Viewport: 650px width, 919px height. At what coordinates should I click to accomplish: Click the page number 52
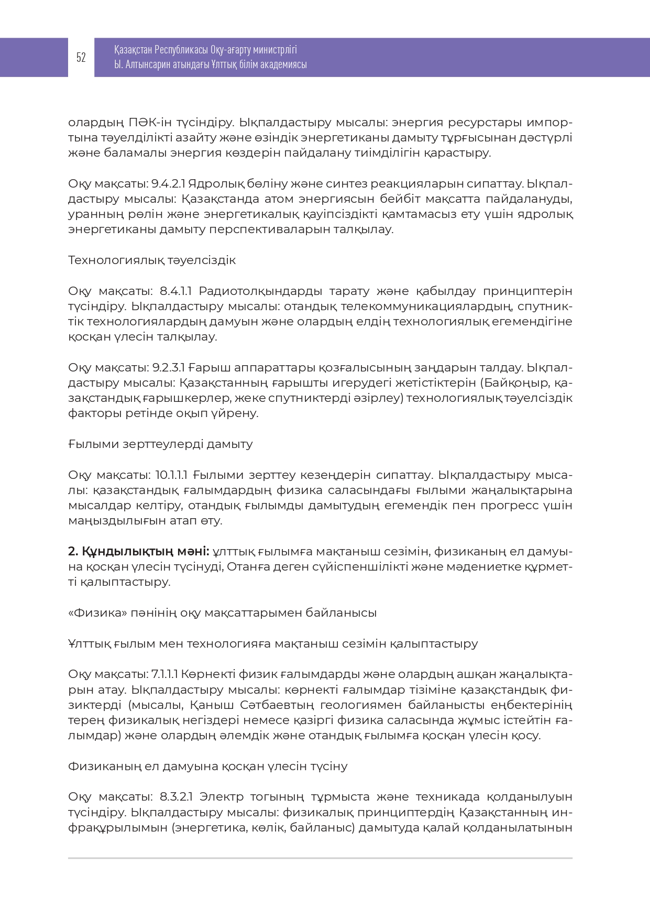tap(81, 58)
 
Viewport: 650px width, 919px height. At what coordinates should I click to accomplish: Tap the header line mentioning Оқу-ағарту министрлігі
tap(205, 50)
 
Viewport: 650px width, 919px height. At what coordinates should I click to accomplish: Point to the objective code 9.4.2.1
tap(168, 184)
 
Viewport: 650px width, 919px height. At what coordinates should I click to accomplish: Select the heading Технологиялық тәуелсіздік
tap(152, 260)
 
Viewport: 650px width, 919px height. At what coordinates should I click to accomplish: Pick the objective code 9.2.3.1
tap(168, 367)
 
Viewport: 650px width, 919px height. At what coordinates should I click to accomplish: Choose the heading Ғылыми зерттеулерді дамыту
tap(160, 444)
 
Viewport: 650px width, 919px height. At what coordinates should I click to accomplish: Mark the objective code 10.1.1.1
tap(171, 475)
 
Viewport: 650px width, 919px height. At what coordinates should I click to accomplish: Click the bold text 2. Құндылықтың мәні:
tap(139, 551)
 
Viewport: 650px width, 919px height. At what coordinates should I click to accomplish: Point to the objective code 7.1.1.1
tap(165, 674)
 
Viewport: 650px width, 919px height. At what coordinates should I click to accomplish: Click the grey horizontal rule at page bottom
tap(320, 858)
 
